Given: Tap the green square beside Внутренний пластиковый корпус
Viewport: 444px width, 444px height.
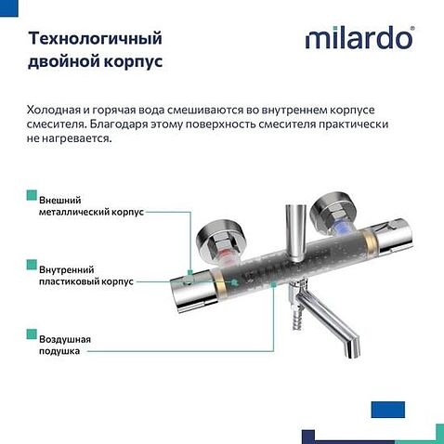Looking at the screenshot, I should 32,266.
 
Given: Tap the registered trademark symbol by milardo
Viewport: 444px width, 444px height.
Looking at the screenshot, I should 412,30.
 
